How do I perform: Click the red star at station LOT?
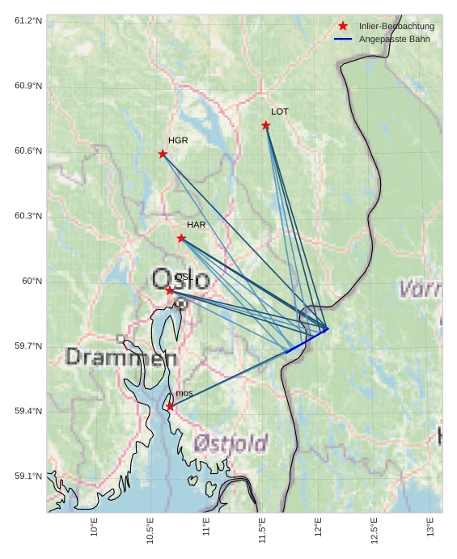266,125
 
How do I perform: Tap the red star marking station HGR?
163,154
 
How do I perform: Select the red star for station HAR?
181,238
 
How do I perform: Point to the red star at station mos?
170,406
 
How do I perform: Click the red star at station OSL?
169,290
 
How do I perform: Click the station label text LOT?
280,112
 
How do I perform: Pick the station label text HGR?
178,141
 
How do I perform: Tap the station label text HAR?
197,225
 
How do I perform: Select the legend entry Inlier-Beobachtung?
396,27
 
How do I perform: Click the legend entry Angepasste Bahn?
395,39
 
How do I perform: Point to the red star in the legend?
343,26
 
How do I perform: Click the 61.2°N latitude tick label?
28,20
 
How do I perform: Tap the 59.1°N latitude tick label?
28,476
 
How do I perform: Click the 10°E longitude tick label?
95,527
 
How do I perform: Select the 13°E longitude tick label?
429,527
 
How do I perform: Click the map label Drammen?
121,357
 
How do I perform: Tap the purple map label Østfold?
231,443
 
